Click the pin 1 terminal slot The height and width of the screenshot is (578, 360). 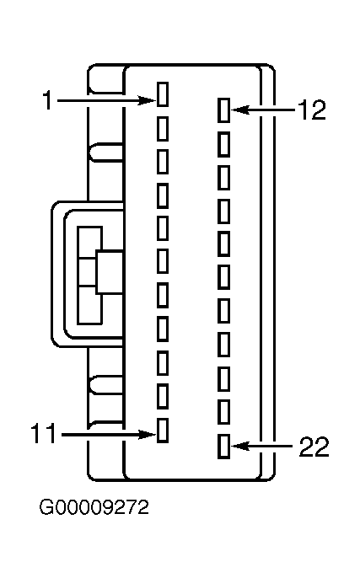click(x=163, y=94)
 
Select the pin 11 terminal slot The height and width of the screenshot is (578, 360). click(x=163, y=431)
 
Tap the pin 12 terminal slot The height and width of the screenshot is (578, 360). click(x=224, y=110)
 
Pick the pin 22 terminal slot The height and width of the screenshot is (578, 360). click(x=224, y=447)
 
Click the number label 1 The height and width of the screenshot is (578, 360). click(x=47, y=100)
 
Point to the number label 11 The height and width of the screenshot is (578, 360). click(x=44, y=433)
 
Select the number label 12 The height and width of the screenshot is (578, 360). click(x=312, y=110)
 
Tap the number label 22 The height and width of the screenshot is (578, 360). click(x=314, y=447)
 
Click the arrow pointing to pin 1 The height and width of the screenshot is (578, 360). click(x=106, y=100)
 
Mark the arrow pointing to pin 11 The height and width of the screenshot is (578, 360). click(x=109, y=435)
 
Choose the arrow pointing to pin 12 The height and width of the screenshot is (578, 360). click(x=263, y=110)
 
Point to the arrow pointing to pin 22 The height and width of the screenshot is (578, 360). click(x=262, y=446)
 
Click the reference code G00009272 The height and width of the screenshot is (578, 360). click(x=94, y=507)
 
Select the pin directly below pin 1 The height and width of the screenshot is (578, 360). click(x=163, y=129)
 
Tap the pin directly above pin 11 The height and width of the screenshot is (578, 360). click(x=163, y=396)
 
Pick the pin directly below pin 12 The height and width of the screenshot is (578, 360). click(x=224, y=144)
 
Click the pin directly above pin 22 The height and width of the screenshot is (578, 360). click(x=224, y=412)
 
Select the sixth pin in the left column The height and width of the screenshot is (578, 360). click(x=163, y=261)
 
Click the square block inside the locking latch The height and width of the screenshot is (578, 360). click(x=110, y=272)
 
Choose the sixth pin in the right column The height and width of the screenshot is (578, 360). click(x=224, y=277)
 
